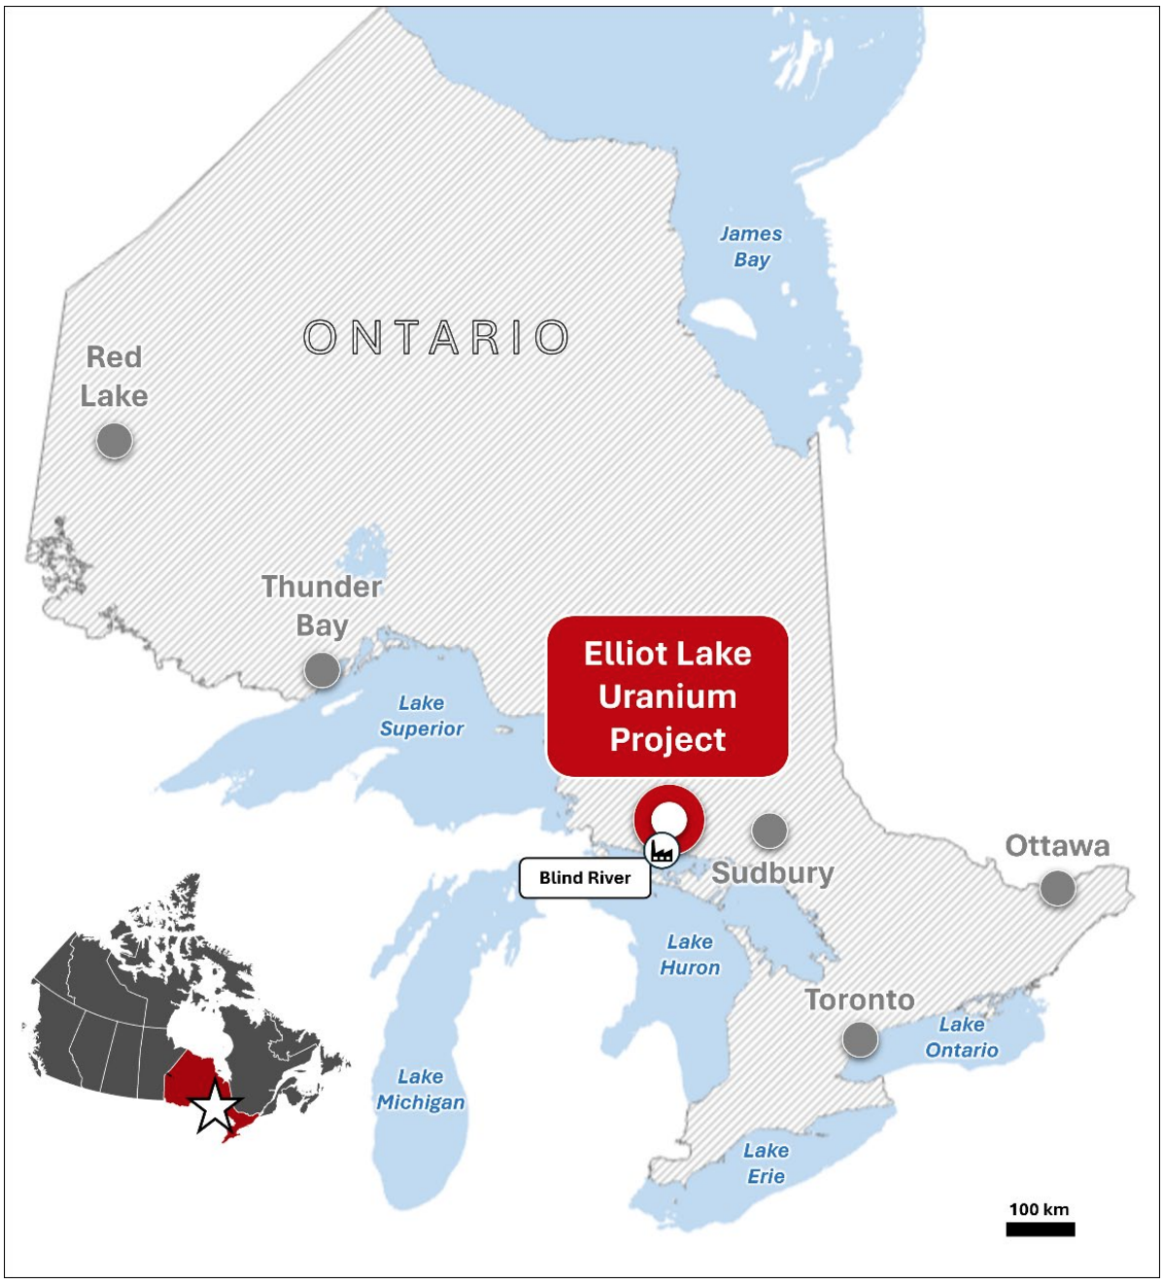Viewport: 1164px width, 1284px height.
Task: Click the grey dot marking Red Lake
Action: tap(114, 441)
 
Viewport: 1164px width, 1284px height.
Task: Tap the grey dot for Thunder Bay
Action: tap(322, 669)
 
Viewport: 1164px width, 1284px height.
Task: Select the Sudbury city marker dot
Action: tap(770, 830)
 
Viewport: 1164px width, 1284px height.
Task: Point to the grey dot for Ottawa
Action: tap(1057, 888)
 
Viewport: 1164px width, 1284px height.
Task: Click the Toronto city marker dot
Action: tap(860, 1039)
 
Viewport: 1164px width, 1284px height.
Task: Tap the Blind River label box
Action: tap(584, 878)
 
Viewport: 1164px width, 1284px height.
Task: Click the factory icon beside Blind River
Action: tap(663, 852)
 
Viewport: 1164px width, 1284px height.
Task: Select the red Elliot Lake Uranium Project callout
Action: tap(668, 696)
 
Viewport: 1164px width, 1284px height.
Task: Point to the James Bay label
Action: tap(751, 247)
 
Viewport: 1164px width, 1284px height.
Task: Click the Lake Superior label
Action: tap(422, 716)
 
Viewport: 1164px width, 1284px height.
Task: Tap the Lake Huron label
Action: tap(690, 955)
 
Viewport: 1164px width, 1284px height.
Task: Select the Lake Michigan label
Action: tap(421, 1090)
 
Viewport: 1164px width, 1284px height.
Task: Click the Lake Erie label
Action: tap(766, 1164)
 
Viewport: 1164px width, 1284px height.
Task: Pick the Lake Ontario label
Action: tap(962, 1037)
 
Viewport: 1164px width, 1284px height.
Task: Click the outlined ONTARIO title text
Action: tap(436, 338)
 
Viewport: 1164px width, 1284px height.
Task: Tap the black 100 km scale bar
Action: tap(1040, 1230)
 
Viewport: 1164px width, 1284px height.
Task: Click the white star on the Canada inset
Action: tap(214, 1106)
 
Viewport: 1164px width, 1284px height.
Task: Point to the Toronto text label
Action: tap(860, 999)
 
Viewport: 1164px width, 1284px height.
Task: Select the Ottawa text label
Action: tap(1057, 846)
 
